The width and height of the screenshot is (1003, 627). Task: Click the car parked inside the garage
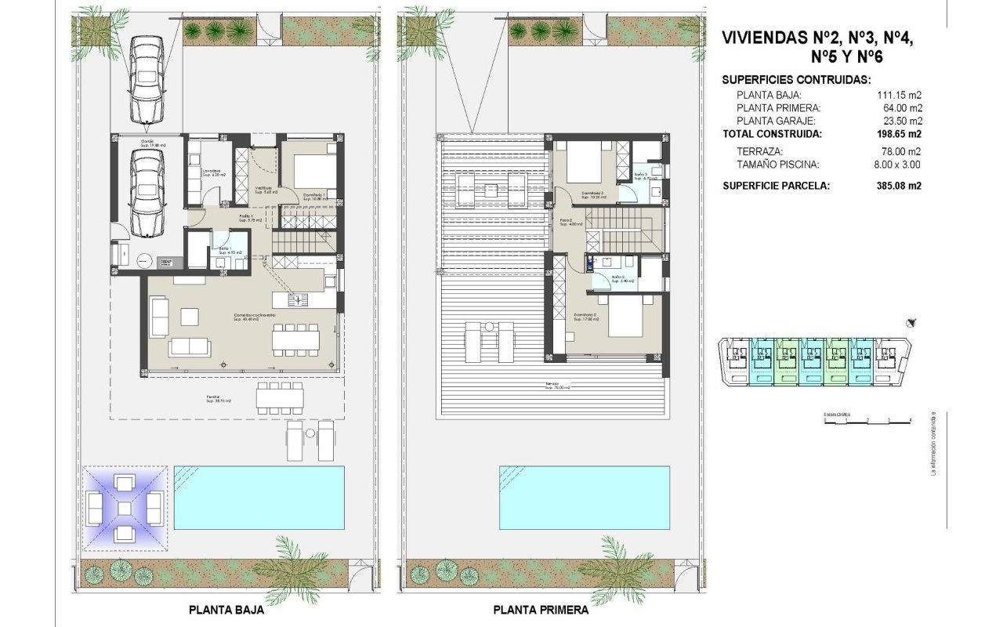click(x=147, y=192)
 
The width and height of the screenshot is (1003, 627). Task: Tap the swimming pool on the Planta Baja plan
click(x=259, y=497)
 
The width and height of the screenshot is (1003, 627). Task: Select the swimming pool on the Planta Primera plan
click(x=585, y=497)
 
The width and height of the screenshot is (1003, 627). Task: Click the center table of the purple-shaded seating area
click(x=125, y=508)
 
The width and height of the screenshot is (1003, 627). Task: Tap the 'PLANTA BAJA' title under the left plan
click(x=226, y=610)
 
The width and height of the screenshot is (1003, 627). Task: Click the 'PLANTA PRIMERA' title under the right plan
click(x=540, y=610)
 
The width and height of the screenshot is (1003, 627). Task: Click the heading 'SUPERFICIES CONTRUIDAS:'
click(x=796, y=80)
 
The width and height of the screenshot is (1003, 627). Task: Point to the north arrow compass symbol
click(x=911, y=322)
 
